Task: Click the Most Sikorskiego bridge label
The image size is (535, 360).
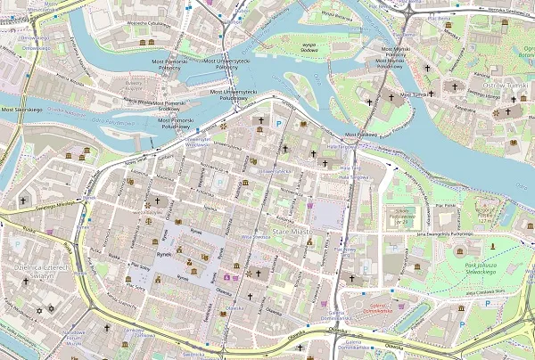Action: click(21, 109)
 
